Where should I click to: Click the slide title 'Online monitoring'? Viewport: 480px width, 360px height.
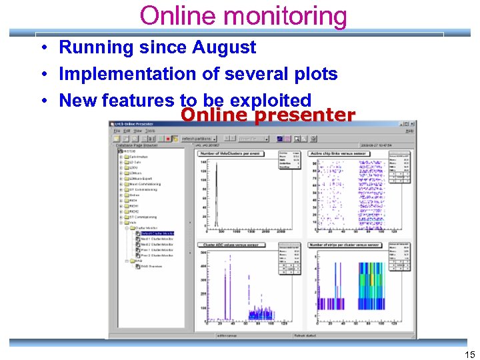click(243, 15)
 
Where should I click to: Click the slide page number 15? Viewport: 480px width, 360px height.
click(469, 353)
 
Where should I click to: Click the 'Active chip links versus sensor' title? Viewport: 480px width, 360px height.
click(341, 153)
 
